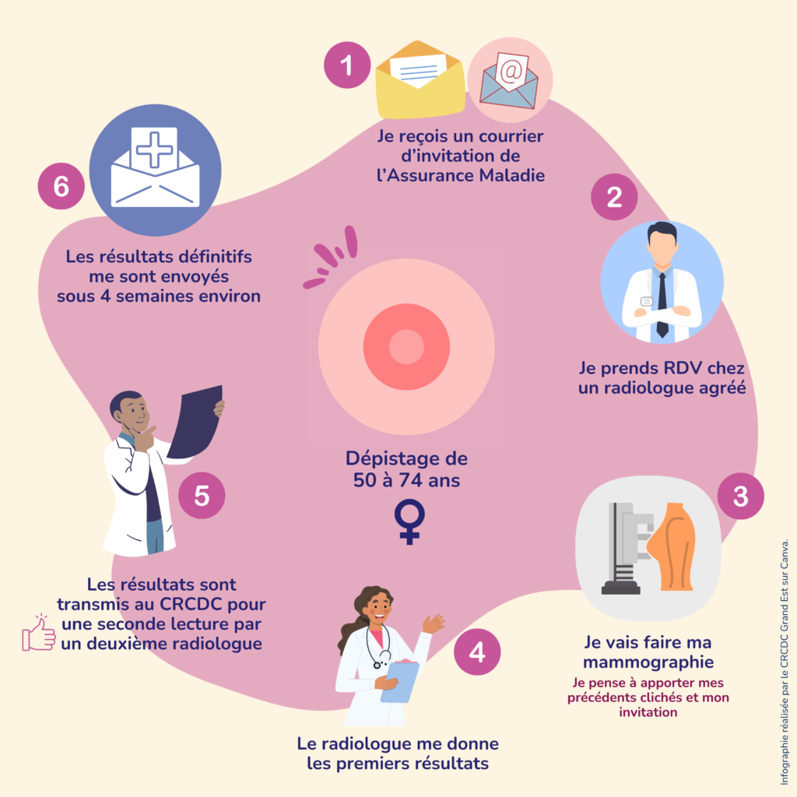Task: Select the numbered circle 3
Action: click(x=740, y=496)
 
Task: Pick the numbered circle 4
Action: click(x=477, y=652)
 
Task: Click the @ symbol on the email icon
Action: click(x=510, y=71)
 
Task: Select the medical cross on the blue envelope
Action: click(x=155, y=149)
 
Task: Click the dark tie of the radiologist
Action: click(x=662, y=304)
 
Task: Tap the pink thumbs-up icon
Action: click(x=39, y=633)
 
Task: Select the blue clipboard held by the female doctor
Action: click(x=400, y=682)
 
